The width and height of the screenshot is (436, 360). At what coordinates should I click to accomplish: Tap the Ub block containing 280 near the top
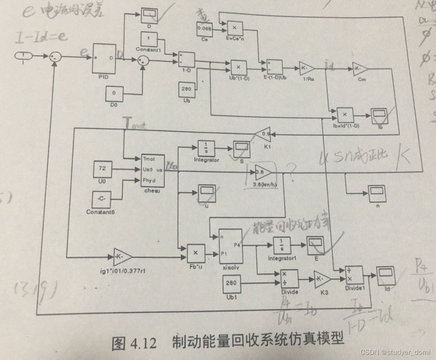coord(187,89)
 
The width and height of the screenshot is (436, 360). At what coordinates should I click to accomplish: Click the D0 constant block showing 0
coord(114,93)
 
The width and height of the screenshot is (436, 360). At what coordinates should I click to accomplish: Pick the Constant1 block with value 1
coord(149,39)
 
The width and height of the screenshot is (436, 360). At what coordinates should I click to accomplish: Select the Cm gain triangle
coord(360,68)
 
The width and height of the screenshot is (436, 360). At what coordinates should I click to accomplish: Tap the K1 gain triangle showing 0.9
coord(264,133)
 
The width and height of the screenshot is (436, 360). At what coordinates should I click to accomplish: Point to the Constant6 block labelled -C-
coord(102,199)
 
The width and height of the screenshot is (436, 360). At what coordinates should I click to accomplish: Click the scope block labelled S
coord(241,149)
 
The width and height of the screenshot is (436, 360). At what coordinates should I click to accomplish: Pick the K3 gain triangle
coord(322,279)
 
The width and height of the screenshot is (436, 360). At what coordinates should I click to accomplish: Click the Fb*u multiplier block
coord(196,253)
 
